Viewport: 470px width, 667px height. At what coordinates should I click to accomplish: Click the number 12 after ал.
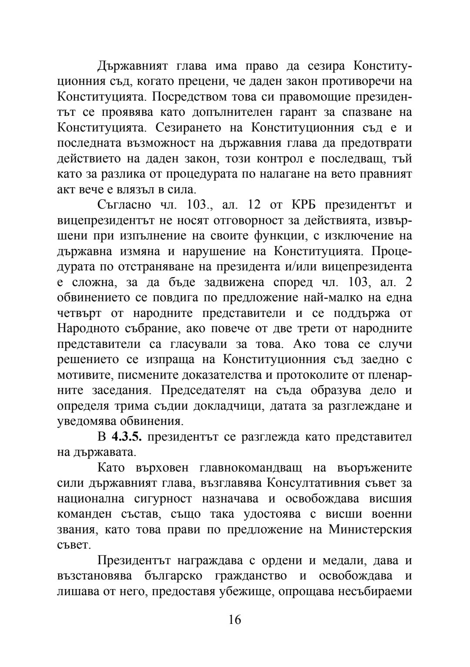[x=254, y=204]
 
